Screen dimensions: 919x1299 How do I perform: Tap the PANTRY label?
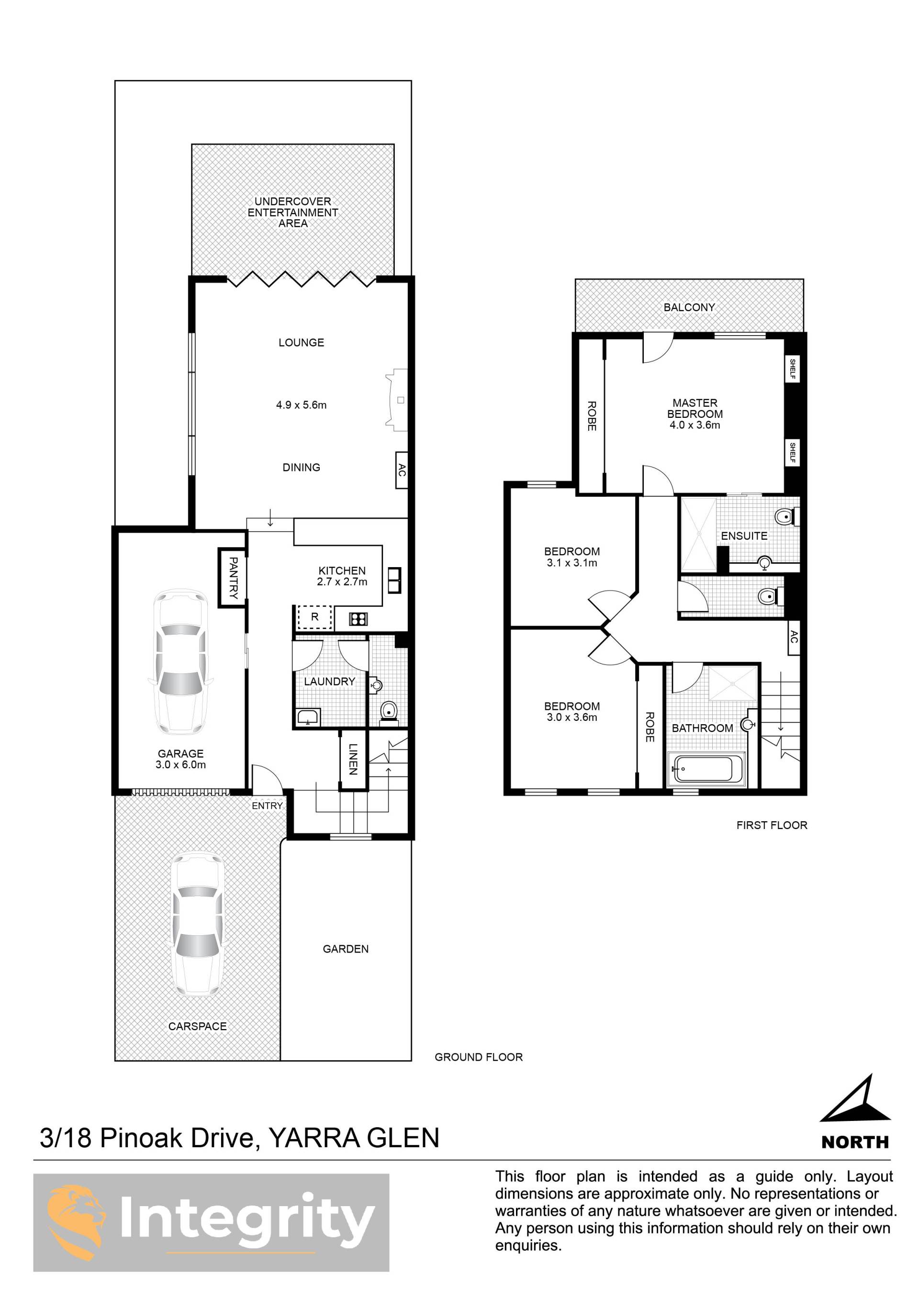pos(233,578)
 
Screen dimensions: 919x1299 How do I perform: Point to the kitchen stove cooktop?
pos(358,619)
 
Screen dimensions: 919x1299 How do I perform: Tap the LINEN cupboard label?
pos(353,759)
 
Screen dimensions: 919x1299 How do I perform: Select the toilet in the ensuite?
pos(786,516)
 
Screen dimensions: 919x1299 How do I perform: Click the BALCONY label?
pos(689,307)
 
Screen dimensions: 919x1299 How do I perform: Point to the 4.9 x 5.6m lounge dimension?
pos(301,405)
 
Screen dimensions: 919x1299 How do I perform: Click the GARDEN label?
pos(345,949)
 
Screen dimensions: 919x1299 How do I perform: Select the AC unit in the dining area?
pos(401,470)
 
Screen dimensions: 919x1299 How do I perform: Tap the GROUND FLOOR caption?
pos(478,1057)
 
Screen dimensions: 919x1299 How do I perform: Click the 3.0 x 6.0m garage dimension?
pos(180,765)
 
